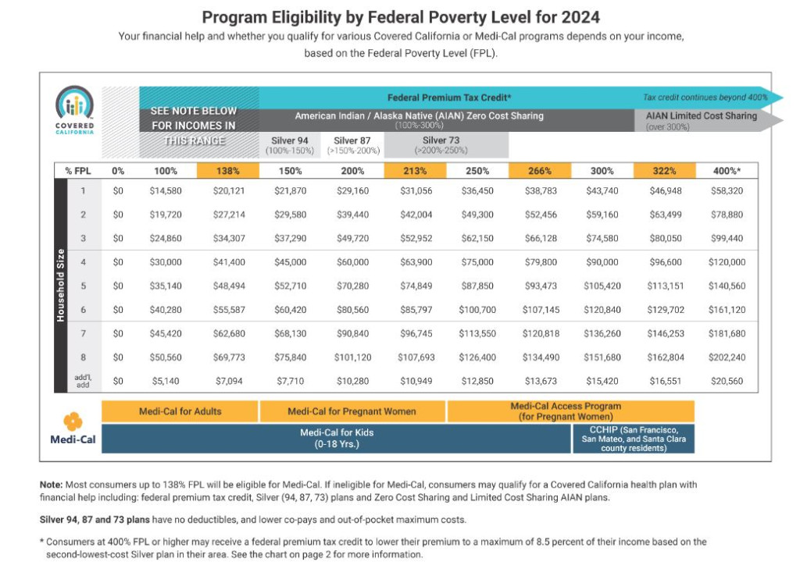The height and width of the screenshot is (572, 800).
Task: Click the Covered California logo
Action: pos(74,109)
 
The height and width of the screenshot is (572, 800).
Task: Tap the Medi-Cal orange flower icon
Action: pos(73,421)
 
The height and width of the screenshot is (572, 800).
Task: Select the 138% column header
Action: pos(227,171)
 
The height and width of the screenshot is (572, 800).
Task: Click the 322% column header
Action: pos(664,171)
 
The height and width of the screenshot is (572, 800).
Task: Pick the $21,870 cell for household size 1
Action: pos(291,190)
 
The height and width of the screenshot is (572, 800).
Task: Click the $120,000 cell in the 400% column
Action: pos(727,262)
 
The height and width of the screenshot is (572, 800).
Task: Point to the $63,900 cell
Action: pos(416,262)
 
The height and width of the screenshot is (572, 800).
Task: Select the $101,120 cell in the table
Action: pos(352,357)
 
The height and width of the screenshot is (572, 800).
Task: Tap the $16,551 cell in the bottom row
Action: pos(665,381)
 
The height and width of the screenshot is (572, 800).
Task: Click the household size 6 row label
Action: pos(83,310)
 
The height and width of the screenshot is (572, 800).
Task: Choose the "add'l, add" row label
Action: pos(83,381)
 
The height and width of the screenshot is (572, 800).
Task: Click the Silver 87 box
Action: pos(352,145)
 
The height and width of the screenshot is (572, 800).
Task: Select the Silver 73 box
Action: pos(446,145)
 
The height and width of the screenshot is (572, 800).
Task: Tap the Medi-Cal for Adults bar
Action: pos(180,411)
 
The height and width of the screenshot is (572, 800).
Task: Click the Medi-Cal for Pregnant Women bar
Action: pos(352,411)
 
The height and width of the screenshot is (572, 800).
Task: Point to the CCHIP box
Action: pos(633,439)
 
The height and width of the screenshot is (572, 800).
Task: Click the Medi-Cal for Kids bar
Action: pos(336,439)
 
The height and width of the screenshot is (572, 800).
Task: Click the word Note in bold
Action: pos(51,485)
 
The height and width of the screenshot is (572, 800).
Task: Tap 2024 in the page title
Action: pos(580,17)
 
